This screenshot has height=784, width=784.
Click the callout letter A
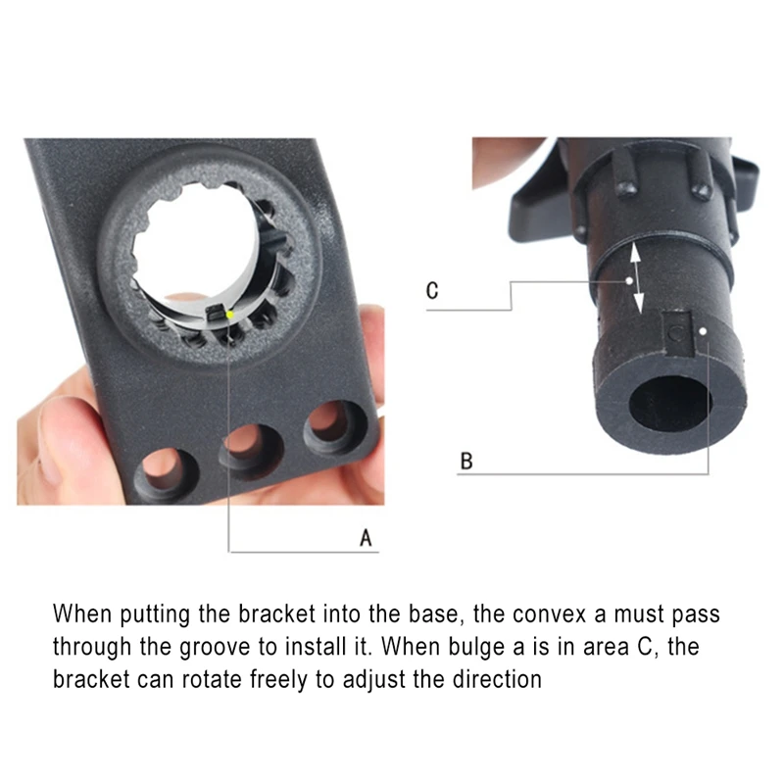click(x=366, y=538)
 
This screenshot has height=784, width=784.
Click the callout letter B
click(x=466, y=461)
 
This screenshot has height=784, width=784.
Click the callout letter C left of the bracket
click(x=432, y=290)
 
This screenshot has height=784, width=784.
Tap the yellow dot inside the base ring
click(x=230, y=315)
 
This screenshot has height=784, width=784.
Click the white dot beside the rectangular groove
click(x=703, y=331)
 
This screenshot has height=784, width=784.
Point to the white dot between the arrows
click(x=629, y=280)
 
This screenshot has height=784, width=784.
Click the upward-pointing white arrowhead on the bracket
click(x=635, y=253)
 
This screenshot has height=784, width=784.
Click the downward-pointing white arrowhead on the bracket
click(x=639, y=303)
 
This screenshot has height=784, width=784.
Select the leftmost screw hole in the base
click(x=165, y=472)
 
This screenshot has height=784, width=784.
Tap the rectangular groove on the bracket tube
click(x=678, y=333)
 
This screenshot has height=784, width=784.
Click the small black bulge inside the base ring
click(x=216, y=314)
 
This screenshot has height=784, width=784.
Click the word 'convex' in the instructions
click(x=549, y=614)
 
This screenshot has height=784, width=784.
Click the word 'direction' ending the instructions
click(x=497, y=680)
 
